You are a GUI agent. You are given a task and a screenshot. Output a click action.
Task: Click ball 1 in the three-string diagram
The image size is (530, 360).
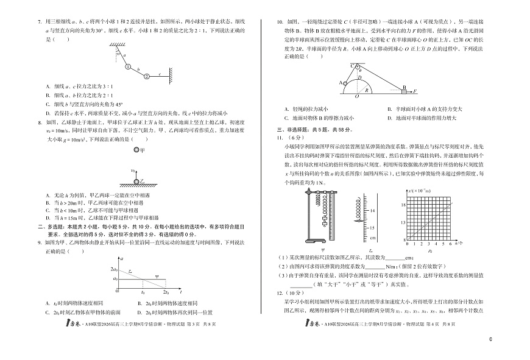129,68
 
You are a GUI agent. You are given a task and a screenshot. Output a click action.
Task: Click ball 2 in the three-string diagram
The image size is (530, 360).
146,76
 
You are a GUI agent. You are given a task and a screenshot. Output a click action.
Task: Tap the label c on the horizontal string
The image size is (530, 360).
160,73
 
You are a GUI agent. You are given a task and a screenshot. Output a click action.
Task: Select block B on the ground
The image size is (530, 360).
403,90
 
